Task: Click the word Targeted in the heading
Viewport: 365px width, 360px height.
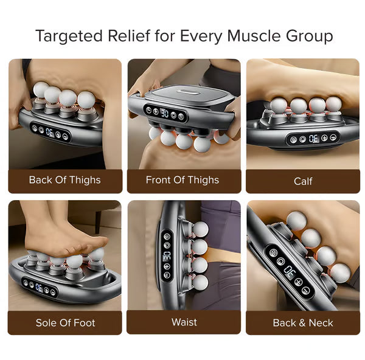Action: [69, 36]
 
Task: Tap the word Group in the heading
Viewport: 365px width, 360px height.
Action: [309, 36]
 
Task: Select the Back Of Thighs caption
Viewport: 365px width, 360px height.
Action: [64, 180]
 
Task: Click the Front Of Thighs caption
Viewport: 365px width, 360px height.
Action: [182, 180]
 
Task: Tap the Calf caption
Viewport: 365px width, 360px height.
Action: [303, 181]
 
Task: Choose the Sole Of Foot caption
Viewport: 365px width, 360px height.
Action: [66, 323]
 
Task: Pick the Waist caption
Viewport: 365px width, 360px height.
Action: [184, 322]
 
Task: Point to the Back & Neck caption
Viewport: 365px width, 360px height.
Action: [303, 323]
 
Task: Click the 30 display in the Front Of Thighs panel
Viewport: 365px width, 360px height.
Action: [165, 113]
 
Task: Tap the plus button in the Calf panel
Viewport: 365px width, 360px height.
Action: [324, 138]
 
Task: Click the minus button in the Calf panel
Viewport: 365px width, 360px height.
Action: [333, 137]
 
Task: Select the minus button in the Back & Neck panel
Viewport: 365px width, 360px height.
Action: [306, 291]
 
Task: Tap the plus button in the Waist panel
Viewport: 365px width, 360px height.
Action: [167, 266]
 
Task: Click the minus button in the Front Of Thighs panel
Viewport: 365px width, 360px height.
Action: [148, 110]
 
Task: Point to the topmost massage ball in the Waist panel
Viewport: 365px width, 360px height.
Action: [200, 229]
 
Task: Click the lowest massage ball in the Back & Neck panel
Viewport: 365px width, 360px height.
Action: [340, 273]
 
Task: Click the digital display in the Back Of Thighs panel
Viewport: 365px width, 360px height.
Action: [50, 133]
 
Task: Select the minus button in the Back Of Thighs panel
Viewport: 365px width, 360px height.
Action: [66, 137]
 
